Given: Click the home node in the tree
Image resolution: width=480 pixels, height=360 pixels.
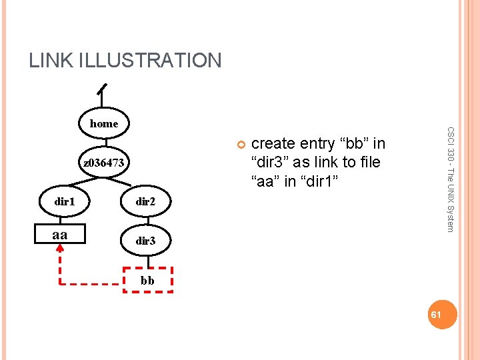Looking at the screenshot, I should tap(103, 123).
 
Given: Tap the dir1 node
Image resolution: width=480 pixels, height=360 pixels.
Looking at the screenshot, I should tap(65, 201).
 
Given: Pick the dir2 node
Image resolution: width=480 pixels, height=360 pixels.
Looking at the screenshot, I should tap(145, 201).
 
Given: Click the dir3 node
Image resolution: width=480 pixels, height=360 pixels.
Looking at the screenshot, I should tap(145, 241).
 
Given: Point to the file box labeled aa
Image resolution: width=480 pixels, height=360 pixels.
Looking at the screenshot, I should tap(59, 235).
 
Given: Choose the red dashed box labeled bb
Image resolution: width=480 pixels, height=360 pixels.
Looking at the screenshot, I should tap(147, 280).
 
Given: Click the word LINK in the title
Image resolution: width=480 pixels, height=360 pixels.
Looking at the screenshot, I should tap(51, 61).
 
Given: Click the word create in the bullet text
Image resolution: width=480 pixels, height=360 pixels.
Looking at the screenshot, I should tap(274, 144).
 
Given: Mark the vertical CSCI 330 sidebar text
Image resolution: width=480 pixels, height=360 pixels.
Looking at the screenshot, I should tap(451, 179).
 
